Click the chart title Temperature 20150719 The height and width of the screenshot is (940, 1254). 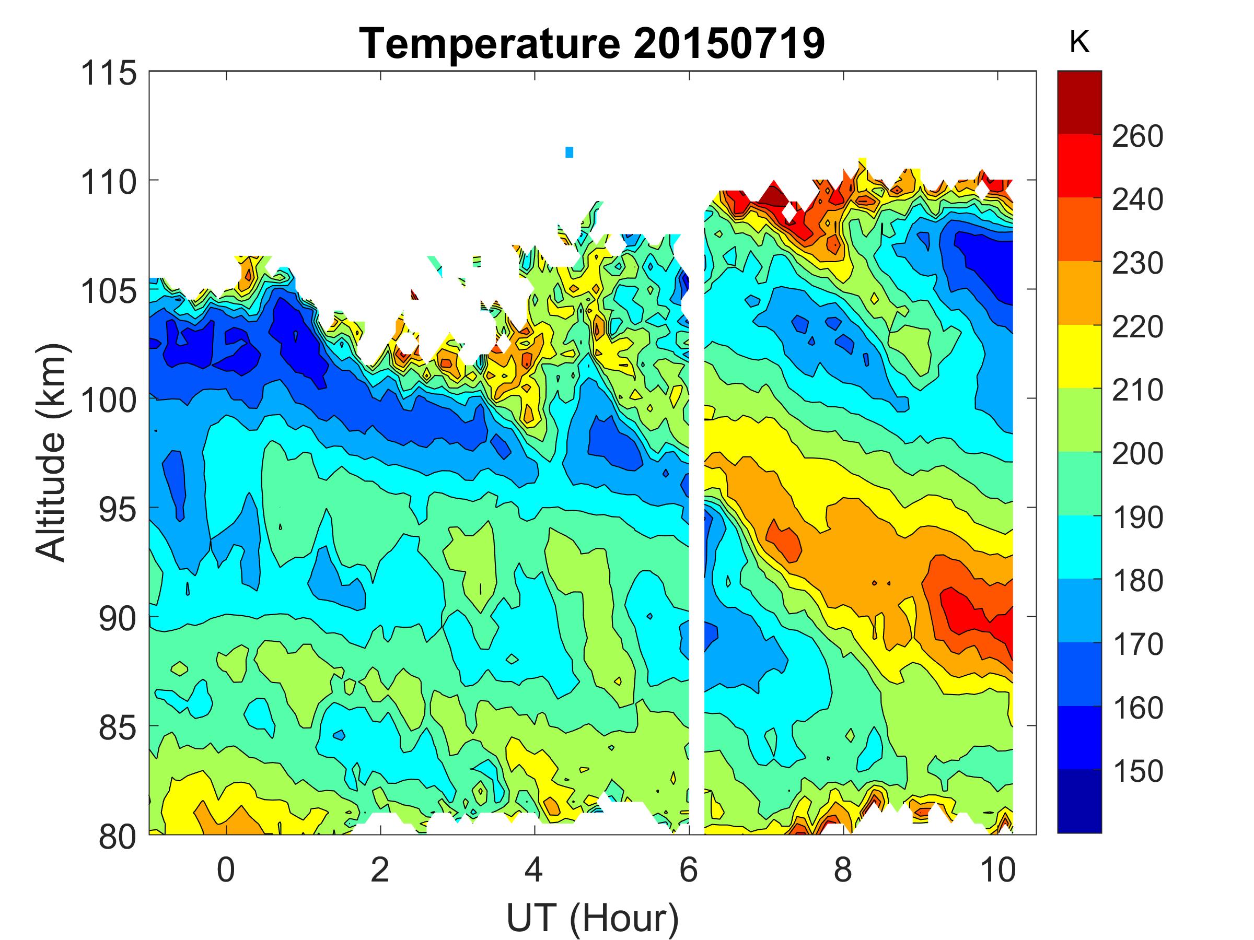coord(592,44)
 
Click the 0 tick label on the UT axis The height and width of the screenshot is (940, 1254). coord(226,869)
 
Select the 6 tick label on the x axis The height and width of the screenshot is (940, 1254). coord(688,869)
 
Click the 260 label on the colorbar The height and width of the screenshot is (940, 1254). coord(1137,136)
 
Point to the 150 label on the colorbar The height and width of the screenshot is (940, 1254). coord(1137,771)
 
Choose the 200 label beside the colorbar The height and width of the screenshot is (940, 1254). coord(1137,453)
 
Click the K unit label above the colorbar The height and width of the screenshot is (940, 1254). coord(1079,42)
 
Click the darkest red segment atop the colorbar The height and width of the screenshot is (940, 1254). coord(1079,102)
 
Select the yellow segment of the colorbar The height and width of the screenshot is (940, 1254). coord(1079,356)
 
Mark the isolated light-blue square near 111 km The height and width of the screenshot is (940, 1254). coord(569,152)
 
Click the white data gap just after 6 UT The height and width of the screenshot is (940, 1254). coord(696,510)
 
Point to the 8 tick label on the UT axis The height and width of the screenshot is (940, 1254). coord(843,869)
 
